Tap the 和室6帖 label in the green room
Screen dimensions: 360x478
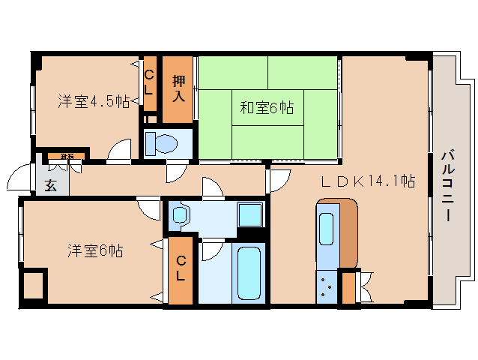click(267, 109)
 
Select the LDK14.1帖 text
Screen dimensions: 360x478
click(369, 180)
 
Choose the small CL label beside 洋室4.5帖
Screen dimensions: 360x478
click(149, 81)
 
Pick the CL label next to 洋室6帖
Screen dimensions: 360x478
click(181, 268)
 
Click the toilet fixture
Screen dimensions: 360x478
click(161, 142)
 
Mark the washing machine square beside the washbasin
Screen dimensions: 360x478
click(250, 214)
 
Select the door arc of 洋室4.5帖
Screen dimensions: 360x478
click(118, 151)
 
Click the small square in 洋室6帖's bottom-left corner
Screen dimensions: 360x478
click(33, 286)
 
